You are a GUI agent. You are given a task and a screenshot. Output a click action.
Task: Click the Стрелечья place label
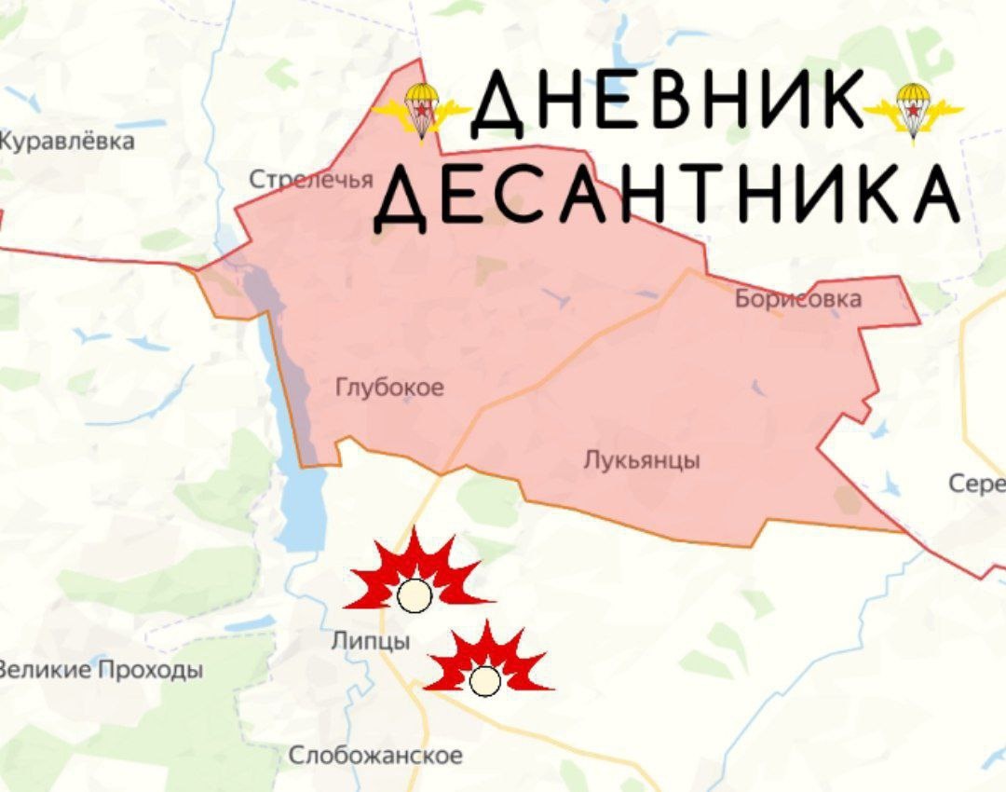311,180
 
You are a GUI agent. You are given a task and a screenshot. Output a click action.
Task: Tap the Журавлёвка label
67,142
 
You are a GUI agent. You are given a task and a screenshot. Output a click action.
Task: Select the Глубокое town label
389,388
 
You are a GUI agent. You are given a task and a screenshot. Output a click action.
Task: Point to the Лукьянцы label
642,460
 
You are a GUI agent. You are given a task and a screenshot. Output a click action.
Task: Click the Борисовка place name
797,299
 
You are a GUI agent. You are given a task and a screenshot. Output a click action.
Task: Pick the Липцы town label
370,641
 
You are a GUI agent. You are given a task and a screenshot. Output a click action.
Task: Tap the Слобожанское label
375,756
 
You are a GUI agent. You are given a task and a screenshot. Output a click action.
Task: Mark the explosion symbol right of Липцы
487,663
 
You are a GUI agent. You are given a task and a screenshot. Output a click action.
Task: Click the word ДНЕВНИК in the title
667,102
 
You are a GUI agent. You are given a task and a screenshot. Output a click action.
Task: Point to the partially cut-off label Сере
977,484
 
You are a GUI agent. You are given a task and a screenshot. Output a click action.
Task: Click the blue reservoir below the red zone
300,508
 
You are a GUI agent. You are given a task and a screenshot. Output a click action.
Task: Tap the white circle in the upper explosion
415,595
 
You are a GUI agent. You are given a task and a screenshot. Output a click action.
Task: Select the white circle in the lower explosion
484,681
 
